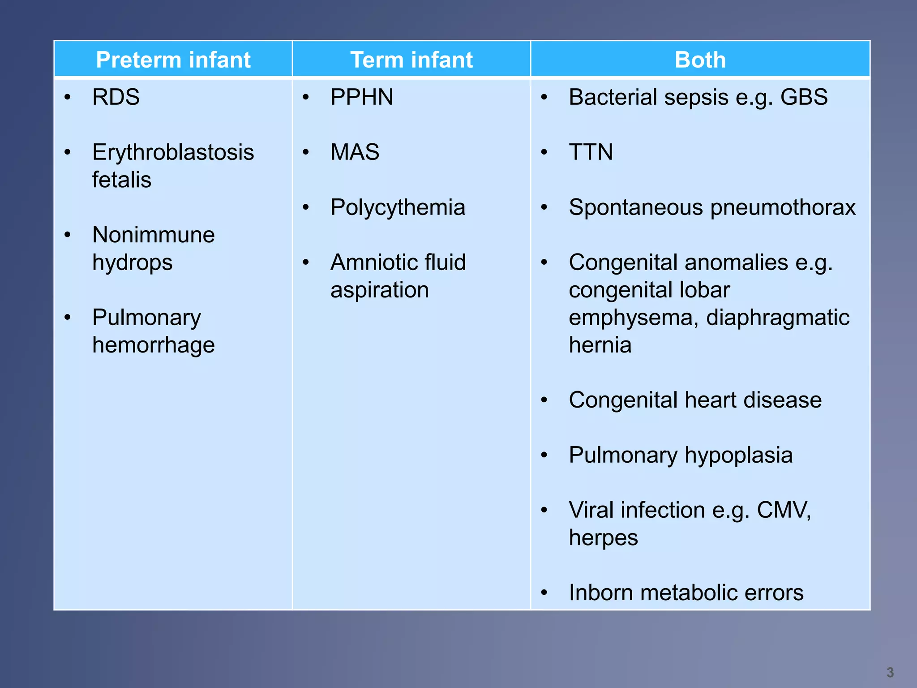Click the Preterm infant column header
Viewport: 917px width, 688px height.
pyautogui.click(x=173, y=60)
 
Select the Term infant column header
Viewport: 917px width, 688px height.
pyautogui.click(x=411, y=60)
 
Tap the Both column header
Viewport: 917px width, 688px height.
pyautogui.click(x=700, y=60)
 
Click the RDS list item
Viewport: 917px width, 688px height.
pyautogui.click(x=116, y=97)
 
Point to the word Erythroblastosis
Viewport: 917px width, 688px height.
pyautogui.click(x=173, y=152)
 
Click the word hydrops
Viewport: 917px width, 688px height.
pyautogui.click(x=132, y=263)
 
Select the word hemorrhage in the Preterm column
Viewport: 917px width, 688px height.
pyautogui.click(x=153, y=345)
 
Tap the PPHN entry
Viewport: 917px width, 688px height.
pyautogui.click(x=362, y=97)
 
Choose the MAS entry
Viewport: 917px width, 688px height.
pyautogui.click(x=355, y=152)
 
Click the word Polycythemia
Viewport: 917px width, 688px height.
pyautogui.click(x=398, y=208)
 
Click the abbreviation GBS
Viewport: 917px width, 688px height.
pyautogui.click(x=804, y=97)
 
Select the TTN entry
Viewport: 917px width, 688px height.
pyautogui.click(x=591, y=152)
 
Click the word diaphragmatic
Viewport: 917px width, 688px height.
pyautogui.click(x=777, y=318)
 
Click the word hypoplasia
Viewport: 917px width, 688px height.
pyautogui.click(x=738, y=456)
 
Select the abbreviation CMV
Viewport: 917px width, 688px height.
pyautogui.click(x=783, y=510)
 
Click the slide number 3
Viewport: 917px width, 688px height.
pyautogui.click(x=890, y=672)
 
